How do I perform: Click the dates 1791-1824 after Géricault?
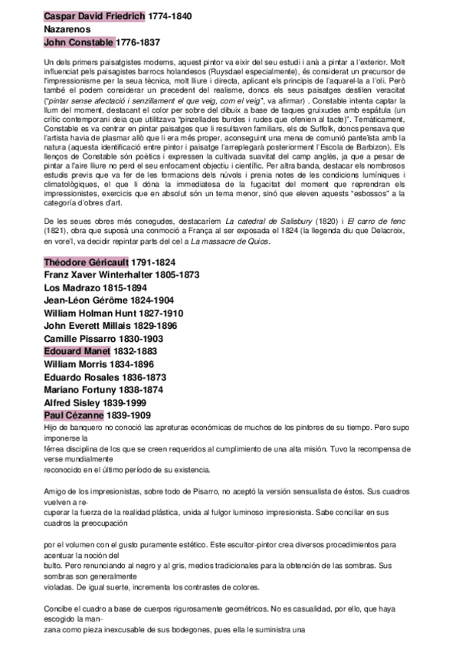point(156,263)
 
